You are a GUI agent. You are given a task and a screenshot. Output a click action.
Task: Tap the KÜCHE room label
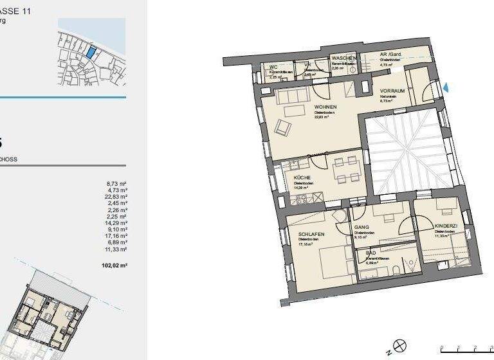(x=302, y=177)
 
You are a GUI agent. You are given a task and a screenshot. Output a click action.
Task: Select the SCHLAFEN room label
(x=310, y=233)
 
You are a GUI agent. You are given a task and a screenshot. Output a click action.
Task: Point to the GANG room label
(x=361, y=228)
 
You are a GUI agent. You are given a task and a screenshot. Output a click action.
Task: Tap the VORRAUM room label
(x=392, y=91)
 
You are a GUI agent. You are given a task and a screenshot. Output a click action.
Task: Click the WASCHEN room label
(x=343, y=59)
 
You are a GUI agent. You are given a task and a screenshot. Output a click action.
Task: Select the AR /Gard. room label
(x=390, y=55)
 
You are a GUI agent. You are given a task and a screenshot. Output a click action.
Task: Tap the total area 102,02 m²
(x=116, y=265)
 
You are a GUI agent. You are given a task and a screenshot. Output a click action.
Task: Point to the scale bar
(x=466, y=350)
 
